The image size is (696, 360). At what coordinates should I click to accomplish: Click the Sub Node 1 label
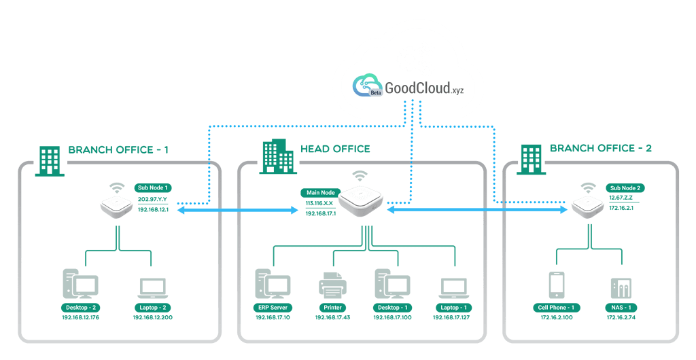[x=153, y=187]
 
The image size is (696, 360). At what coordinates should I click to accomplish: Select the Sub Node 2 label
[x=625, y=187]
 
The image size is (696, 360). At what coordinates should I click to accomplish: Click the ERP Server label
[x=273, y=308]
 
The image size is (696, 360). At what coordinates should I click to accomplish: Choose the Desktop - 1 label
[x=393, y=308]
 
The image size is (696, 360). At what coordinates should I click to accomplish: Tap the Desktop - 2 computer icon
[x=80, y=285]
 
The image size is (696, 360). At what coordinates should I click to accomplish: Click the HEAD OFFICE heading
[x=335, y=148]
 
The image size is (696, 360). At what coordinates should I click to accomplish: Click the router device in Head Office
[x=360, y=200]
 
